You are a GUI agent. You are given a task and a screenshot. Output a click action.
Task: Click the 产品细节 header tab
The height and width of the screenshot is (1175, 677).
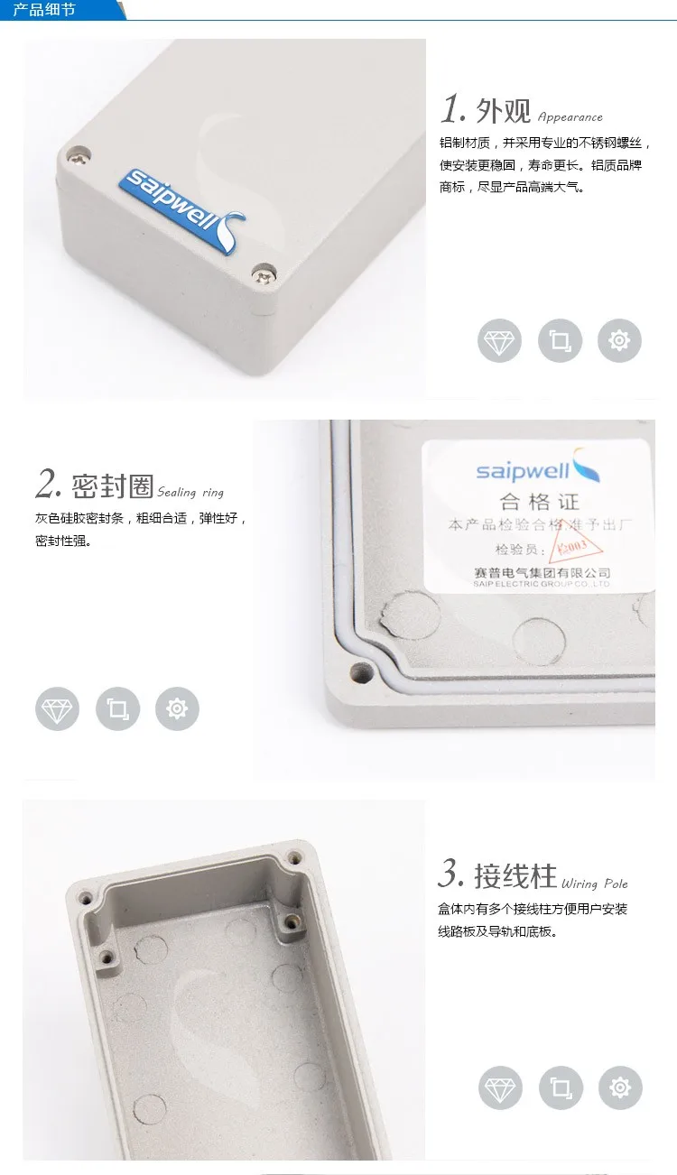(45, 11)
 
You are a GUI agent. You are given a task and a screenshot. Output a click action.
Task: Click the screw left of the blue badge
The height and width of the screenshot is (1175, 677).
(76, 155)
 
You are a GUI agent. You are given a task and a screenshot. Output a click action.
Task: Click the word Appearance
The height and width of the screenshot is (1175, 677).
(570, 117)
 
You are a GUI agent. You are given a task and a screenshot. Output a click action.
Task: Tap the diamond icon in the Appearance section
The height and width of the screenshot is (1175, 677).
(499, 341)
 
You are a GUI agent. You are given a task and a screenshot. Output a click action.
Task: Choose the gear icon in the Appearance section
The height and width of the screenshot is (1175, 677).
(619, 341)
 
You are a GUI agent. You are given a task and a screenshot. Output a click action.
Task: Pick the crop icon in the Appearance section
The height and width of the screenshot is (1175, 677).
(560, 341)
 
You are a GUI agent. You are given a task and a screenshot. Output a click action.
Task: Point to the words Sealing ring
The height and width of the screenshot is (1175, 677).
(190, 493)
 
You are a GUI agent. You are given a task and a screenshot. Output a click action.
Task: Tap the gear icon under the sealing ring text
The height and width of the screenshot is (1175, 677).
(177, 708)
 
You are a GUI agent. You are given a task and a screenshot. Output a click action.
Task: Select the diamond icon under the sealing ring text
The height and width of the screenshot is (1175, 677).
(57, 708)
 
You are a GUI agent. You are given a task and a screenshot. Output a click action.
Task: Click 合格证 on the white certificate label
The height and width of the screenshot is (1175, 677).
(539, 503)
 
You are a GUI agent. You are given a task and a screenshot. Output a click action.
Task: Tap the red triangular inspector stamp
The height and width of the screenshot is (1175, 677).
(570, 548)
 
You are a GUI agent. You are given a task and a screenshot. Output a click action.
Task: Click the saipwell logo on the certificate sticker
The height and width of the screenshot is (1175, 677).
(538, 469)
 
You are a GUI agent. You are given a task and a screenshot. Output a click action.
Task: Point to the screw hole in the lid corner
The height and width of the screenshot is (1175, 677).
(363, 672)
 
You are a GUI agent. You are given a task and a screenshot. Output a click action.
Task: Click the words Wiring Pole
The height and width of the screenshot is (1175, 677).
(594, 884)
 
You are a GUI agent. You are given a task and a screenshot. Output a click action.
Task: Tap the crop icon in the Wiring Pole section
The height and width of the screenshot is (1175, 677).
(560, 1087)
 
